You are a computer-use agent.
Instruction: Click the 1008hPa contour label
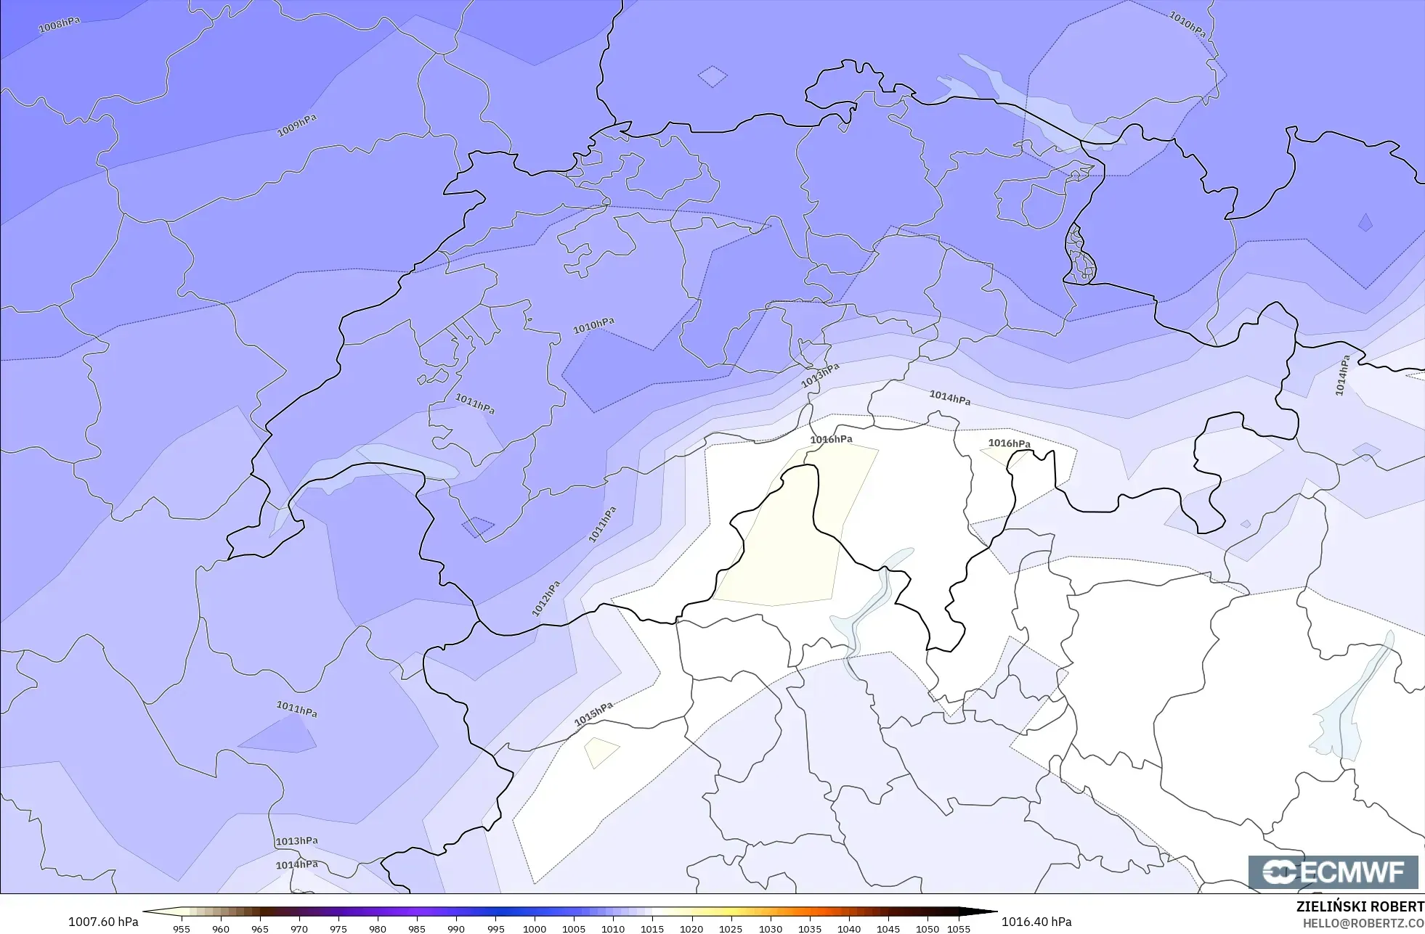(x=59, y=25)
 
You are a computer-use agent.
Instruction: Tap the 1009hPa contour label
(x=297, y=126)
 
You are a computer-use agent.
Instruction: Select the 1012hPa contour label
(x=546, y=599)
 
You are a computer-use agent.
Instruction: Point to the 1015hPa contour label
(x=593, y=714)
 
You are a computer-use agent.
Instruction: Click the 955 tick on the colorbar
(x=182, y=929)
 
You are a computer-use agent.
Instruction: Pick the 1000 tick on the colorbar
(x=535, y=929)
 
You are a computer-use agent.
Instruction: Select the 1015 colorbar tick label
(x=652, y=929)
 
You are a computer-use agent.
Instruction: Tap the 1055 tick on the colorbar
(x=959, y=929)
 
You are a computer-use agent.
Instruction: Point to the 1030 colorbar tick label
(x=771, y=929)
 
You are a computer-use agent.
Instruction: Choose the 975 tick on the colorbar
(x=338, y=929)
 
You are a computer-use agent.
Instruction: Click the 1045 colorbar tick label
(x=888, y=929)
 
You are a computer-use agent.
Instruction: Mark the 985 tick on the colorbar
(x=417, y=929)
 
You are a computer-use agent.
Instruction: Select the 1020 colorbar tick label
(x=691, y=929)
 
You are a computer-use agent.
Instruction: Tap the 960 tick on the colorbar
(x=221, y=929)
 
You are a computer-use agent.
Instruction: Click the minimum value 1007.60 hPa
(x=103, y=922)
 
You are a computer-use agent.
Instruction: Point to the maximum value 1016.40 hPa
(x=1036, y=922)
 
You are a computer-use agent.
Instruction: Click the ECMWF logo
(x=1333, y=872)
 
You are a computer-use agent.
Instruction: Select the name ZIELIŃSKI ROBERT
(x=1360, y=906)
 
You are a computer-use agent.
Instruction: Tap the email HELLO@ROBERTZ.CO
(x=1363, y=923)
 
